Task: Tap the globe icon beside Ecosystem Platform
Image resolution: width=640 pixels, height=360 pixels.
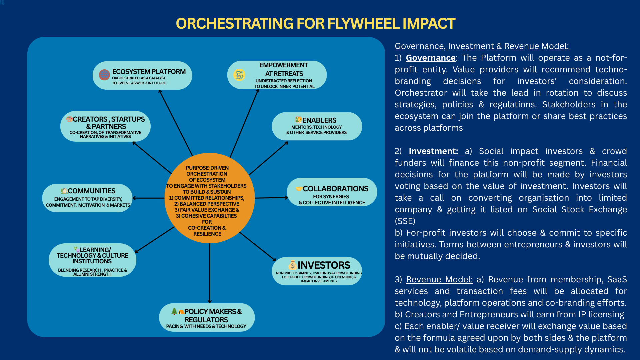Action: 104,75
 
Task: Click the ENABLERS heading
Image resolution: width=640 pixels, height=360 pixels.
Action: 319,120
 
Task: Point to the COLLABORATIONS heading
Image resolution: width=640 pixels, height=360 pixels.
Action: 335,189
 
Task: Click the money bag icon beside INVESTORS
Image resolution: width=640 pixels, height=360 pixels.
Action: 292,265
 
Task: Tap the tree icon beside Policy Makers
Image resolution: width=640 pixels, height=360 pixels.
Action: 174,311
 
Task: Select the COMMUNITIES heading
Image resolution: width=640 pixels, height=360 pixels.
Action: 92,191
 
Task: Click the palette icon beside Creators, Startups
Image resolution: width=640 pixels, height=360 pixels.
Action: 69,119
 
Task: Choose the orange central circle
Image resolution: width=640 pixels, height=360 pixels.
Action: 209,198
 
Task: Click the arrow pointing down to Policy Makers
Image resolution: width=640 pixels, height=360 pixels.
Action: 210,273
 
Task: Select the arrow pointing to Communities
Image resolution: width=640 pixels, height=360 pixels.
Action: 148,198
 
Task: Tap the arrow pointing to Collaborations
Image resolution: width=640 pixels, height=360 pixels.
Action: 271,198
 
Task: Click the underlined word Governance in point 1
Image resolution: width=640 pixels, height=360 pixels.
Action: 430,58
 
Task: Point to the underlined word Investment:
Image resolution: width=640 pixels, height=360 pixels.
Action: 433,151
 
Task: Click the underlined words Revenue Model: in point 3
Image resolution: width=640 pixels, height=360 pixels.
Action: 439,280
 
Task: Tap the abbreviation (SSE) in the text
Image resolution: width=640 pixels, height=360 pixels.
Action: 405,221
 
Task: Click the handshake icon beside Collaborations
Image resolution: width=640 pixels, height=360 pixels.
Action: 299,189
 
